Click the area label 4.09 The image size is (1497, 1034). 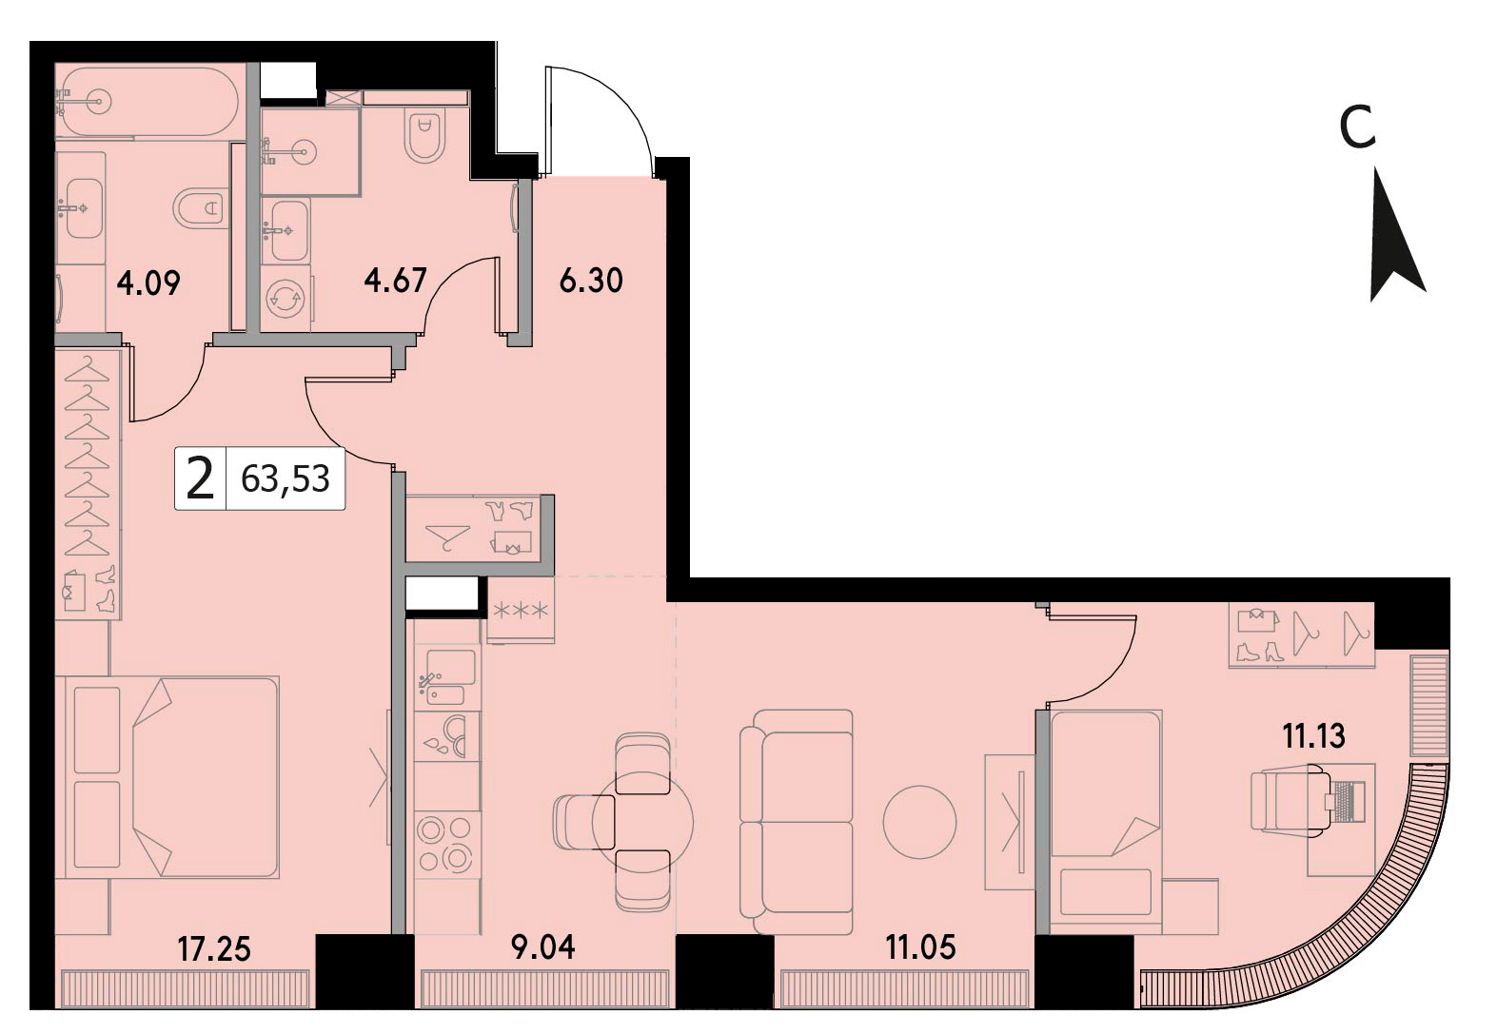point(148,283)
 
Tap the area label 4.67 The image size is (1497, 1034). point(396,280)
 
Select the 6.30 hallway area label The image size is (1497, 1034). point(591,281)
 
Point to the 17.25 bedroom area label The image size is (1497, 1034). point(214,948)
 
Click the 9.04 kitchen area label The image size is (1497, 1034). point(542,947)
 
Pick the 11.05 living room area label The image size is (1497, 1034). point(921,947)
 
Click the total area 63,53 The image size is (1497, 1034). point(286,478)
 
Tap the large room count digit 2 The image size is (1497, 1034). point(200,479)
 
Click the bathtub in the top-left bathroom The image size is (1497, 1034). point(146,102)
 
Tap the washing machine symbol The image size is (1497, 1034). point(286,302)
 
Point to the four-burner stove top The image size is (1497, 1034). point(443,845)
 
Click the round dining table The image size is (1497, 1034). point(643,822)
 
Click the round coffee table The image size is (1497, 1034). point(919,822)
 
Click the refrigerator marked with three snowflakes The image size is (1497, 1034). point(521,610)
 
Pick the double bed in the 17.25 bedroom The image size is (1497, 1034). point(171,777)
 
